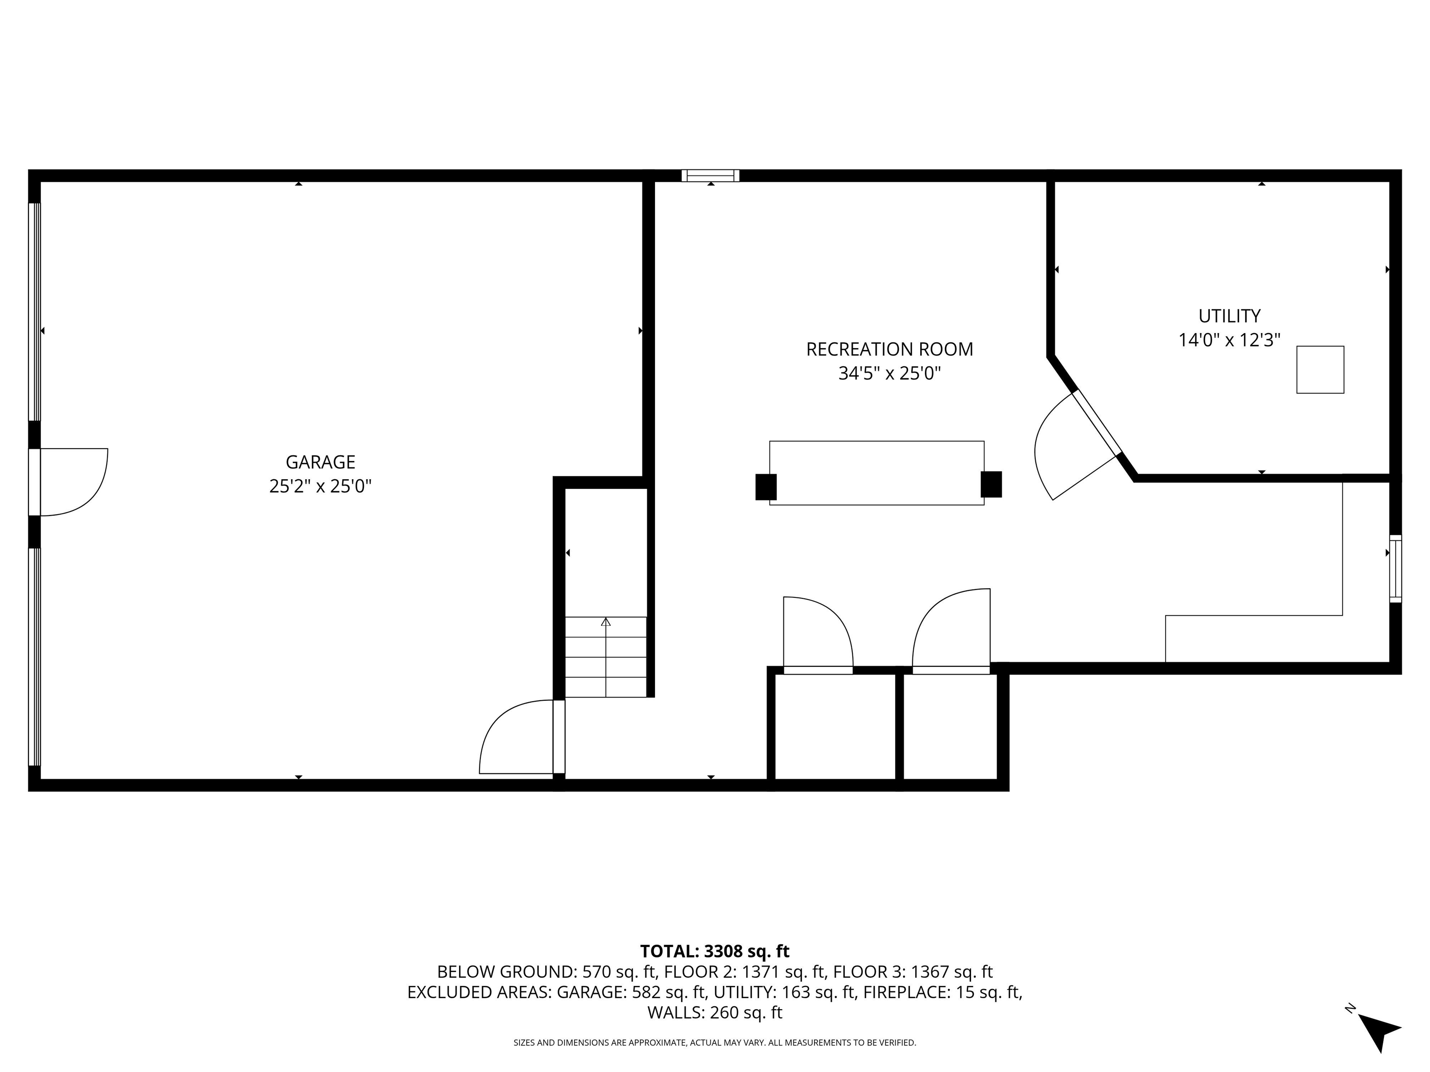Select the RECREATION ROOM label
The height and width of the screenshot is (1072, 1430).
(889, 349)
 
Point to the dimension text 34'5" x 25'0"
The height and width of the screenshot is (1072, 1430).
(889, 374)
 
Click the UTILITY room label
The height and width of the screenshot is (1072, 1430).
(1229, 316)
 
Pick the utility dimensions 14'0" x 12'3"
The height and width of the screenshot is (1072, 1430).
(1229, 340)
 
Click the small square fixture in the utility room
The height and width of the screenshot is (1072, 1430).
(1320, 369)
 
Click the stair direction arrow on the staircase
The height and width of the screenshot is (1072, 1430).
(606, 657)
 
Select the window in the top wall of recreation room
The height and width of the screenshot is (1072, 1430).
(710, 175)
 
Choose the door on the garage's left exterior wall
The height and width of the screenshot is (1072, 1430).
(68, 482)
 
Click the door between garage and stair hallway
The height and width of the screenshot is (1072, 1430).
(522, 737)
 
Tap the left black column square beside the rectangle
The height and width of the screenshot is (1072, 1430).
(766, 487)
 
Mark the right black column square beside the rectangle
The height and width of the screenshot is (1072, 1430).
(991, 484)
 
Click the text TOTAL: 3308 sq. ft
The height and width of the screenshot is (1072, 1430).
(715, 951)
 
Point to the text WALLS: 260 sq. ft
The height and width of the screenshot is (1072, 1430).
(715, 1012)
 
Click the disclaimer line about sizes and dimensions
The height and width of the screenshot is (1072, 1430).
(715, 1042)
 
